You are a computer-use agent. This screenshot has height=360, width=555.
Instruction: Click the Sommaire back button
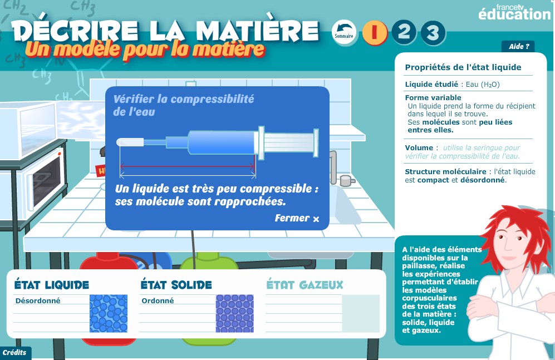pyautogui.click(x=344, y=32)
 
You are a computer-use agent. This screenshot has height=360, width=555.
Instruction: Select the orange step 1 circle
pyautogui.click(x=375, y=32)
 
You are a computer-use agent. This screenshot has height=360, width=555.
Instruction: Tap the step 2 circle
pyautogui.click(x=404, y=32)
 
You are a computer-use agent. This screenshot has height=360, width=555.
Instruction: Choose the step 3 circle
pyautogui.click(x=433, y=33)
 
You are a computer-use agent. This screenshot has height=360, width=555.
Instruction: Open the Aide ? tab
pyautogui.click(x=518, y=46)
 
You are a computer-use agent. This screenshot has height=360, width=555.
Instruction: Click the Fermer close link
pyautogui.click(x=297, y=218)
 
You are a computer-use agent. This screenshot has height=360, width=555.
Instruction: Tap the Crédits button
pyautogui.click(x=15, y=353)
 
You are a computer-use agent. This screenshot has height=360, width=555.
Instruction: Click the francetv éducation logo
pyautogui.click(x=514, y=12)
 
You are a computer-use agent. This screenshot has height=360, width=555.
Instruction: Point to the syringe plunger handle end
pyautogui.click(x=316, y=142)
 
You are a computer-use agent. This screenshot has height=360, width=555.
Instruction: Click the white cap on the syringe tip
pyautogui.click(x=130, y=142)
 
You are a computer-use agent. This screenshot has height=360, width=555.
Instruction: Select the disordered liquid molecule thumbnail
pyautogui.click(x=109, y=314)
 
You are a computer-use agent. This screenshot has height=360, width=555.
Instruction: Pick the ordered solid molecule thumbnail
pyautogui.click(x=235, y=314)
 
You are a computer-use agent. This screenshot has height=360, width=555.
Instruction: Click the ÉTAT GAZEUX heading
pyautogui.click(x=304, y=285)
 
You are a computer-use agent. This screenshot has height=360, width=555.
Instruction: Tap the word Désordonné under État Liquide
pyautogui.click(x=38, y=300)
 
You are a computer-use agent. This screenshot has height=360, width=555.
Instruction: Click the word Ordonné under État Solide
pyautogui.click(x=158, y=300)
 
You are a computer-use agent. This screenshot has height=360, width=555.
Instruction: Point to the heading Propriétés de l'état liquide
pyautogui.click(x=463, y=67)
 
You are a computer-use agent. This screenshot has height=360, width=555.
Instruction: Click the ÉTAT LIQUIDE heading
pyautogui.click(x=52, y=285)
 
